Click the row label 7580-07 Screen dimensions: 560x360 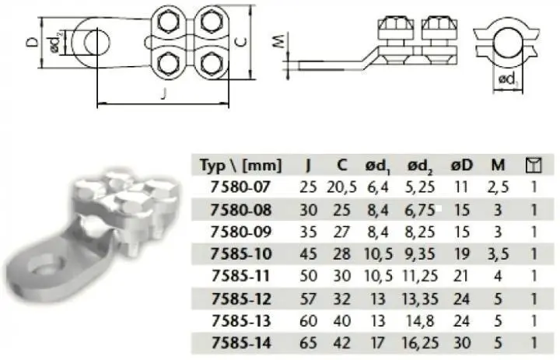coord(240,187)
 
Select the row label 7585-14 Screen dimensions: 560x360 coord(241,343)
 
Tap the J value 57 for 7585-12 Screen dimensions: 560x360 coord(308,299)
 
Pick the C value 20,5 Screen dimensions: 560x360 coord(341,187)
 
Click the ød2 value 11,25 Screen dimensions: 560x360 coord(420,276)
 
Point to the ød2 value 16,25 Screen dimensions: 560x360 coord(420,343)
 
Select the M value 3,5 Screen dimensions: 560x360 coord(498,254)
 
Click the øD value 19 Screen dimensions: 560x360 coord(461,254)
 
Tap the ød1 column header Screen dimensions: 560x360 coord(378,166)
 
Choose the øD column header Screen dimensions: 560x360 coord(461,165)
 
